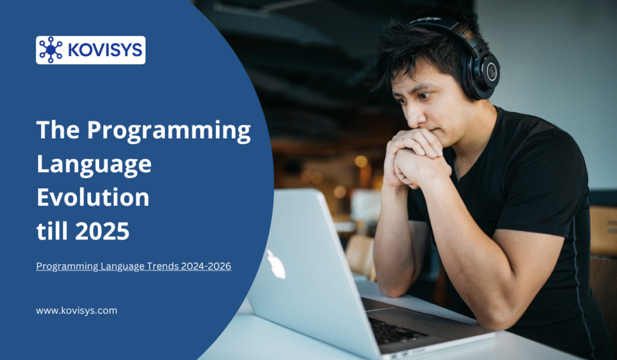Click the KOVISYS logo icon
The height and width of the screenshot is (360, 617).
(51, 50)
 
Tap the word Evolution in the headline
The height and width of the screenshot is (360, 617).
(93, 197)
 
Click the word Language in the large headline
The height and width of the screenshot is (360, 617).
(94, 164)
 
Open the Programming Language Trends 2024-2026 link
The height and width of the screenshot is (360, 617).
(134, 266)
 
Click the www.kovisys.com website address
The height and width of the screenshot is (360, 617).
(77, 311)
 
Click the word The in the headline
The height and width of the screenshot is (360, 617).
(57, 131)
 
